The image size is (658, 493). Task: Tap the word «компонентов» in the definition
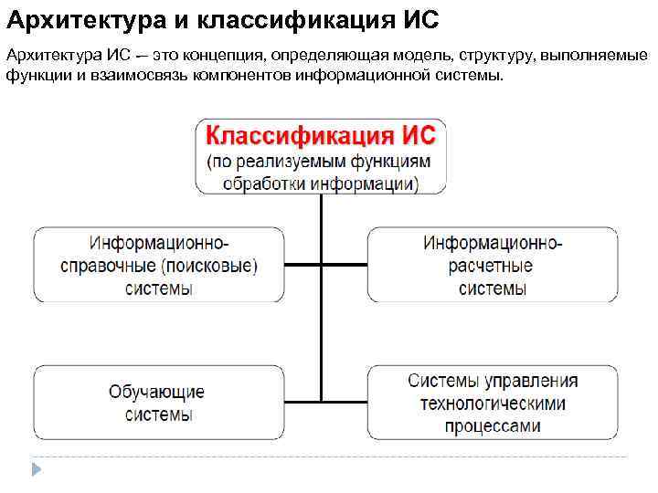point(244,74)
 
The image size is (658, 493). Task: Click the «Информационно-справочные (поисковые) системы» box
point(158,265)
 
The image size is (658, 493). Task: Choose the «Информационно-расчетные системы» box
point(492,265)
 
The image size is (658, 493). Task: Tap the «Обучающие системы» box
point(158,403)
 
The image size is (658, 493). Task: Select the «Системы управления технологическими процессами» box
point(492,403)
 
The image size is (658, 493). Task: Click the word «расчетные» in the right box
point(493,266)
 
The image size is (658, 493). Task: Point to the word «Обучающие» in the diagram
point(156,392)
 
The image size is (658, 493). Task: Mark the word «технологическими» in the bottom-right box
point(493,403)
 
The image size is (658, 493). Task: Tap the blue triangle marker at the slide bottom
point(36,470)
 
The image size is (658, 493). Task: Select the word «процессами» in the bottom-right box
point(493,425)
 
